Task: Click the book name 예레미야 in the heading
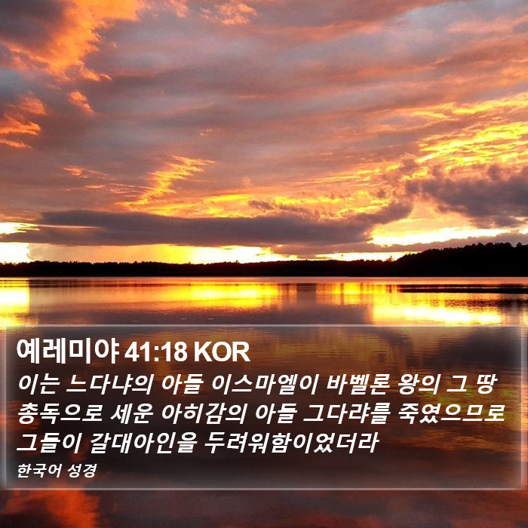pyautogui.click(x=68, y=351)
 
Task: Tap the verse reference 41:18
pyautogui.click(x=156, y=352)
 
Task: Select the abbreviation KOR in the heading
pyautogui.click(x=222, y=352)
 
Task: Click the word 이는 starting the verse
pyautogui.click(x=38, y=384)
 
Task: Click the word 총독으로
pyautogui.click(x=60, y=413)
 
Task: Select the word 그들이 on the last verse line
pyautogui.click(x=49, y=443)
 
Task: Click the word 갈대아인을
pyautogui.click(x=143, y=443)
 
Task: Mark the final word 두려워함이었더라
pyautogui.click(x=292, y=443)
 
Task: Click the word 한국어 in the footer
pyautogui.click(x=39, y=471)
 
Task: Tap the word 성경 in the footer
pyautogui.click(x=82, y=471)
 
